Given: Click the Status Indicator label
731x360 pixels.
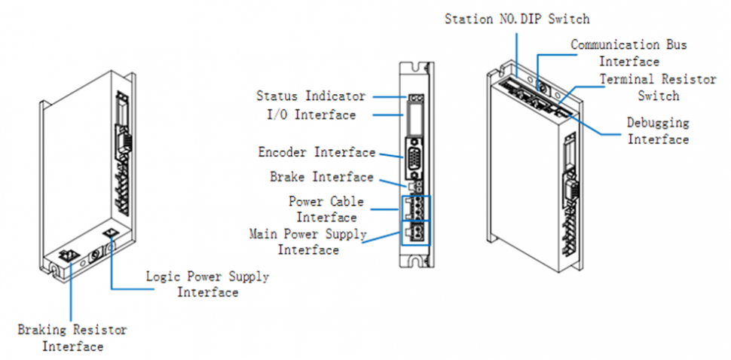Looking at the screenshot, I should (x=310, y=96).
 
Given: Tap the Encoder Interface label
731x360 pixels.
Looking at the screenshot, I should (x=317, y=153).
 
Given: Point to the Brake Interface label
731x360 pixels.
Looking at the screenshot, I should (x=322, y=178).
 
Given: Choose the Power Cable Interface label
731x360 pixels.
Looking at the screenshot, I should (x=326, y=209).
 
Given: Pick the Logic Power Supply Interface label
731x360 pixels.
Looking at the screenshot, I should (x=207, y=285).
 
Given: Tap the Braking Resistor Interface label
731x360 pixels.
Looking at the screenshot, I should (x=72, y=338).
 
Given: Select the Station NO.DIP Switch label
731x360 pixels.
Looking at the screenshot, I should (x=517, y=18).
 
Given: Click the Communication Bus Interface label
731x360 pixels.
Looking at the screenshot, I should (x=628, y=53).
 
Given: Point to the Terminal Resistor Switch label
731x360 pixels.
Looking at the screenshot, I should (x=648, y=87).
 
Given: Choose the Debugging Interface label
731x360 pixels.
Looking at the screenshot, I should (x=658, y=130).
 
